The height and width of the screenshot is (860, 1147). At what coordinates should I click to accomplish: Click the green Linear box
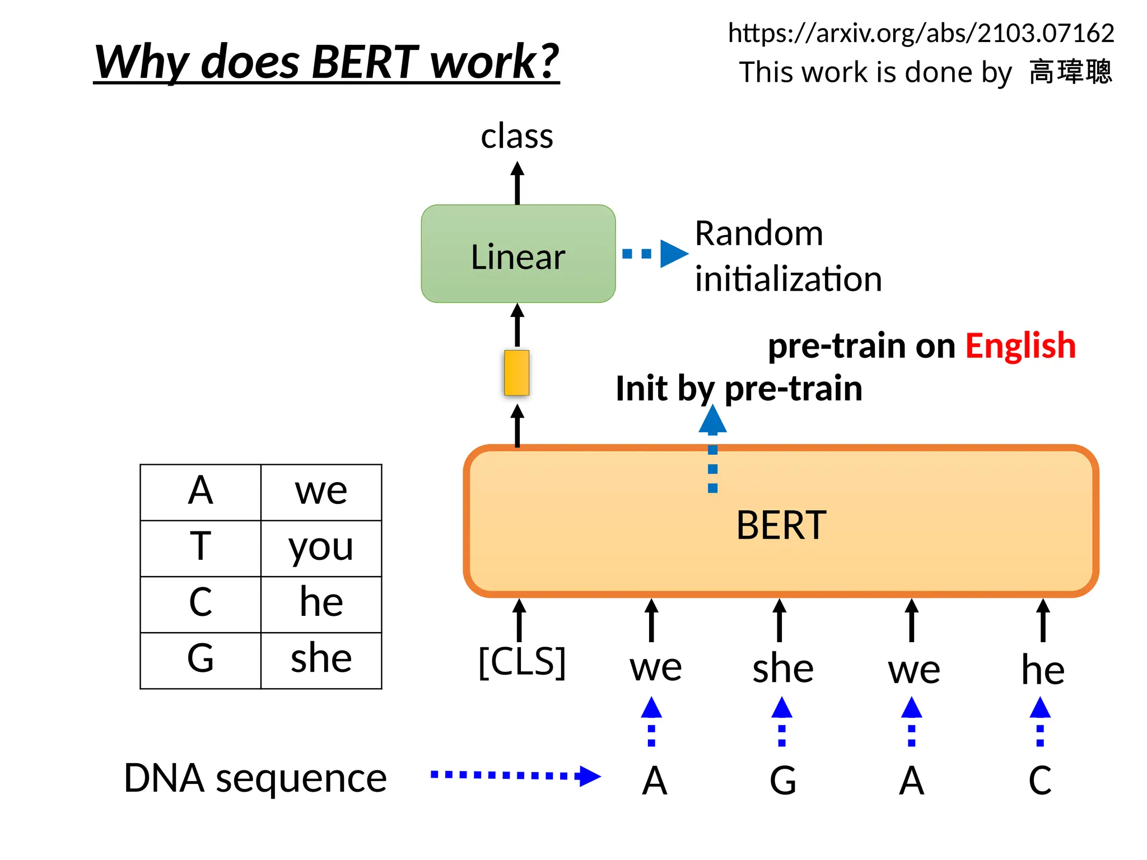518,254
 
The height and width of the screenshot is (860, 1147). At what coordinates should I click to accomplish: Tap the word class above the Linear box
517,136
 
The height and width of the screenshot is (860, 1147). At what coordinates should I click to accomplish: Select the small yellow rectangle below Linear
516,373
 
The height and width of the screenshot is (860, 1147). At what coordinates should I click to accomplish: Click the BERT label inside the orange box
781,525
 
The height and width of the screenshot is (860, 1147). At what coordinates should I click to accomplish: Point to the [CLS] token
522,662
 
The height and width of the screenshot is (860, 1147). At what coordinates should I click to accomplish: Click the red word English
1020,345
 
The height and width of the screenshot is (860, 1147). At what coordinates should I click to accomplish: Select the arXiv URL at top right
921,33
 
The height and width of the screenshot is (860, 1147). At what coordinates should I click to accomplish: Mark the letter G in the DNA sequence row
782,780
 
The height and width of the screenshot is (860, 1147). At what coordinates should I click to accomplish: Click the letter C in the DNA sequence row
1040,780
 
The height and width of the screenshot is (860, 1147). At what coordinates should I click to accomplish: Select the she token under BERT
782,669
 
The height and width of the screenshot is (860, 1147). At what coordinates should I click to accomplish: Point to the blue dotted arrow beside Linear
654,254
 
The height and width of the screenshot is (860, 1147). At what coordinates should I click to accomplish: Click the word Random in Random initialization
759,233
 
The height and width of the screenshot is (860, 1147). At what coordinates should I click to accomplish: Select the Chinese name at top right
1070,72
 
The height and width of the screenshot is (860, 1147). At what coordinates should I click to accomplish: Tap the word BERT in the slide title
365,61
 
